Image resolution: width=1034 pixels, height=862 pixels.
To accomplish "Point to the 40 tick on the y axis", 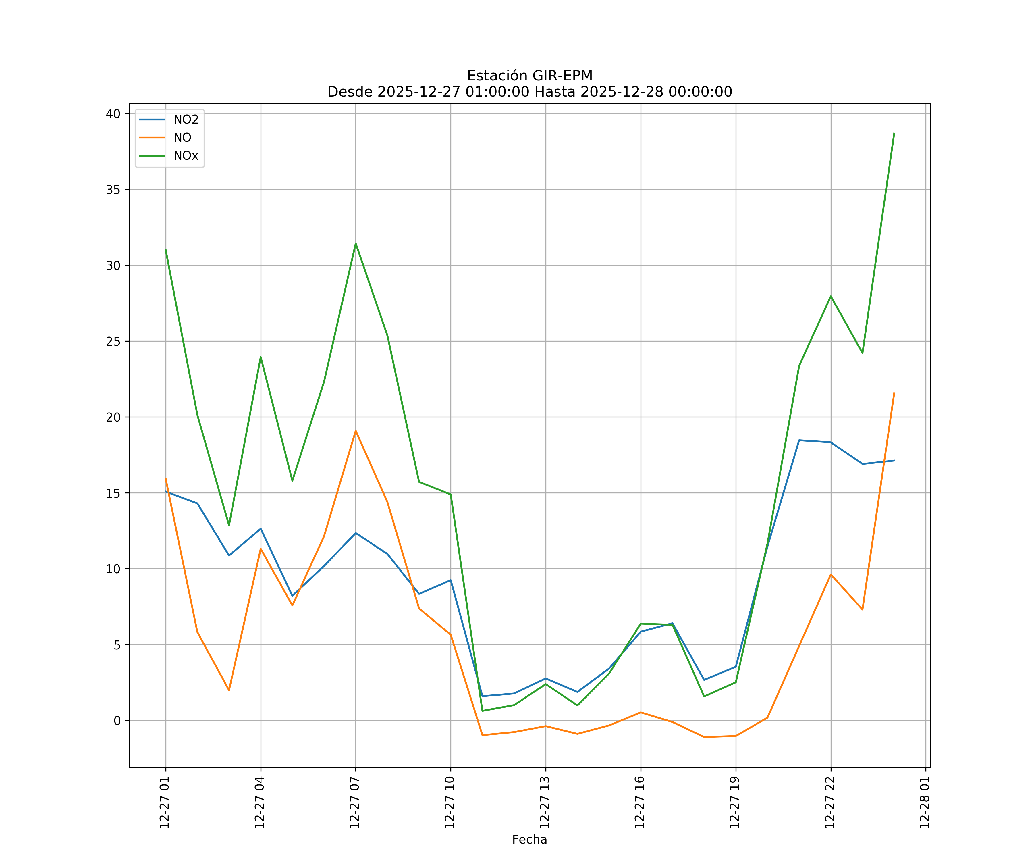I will [113, 114].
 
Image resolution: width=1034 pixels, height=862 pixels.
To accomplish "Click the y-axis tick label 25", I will [113, 341].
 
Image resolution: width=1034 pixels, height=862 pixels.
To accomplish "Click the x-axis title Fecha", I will [529, 839].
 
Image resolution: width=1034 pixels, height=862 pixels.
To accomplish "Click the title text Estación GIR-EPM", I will [529, 76].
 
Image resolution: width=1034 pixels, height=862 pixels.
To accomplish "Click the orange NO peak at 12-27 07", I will [356, 431].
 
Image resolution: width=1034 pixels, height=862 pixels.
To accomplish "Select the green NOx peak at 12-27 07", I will [356, 243].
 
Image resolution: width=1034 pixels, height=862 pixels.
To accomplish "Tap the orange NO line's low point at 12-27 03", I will [229, 690].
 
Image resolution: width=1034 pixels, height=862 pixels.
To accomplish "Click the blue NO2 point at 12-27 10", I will [451, 580].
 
